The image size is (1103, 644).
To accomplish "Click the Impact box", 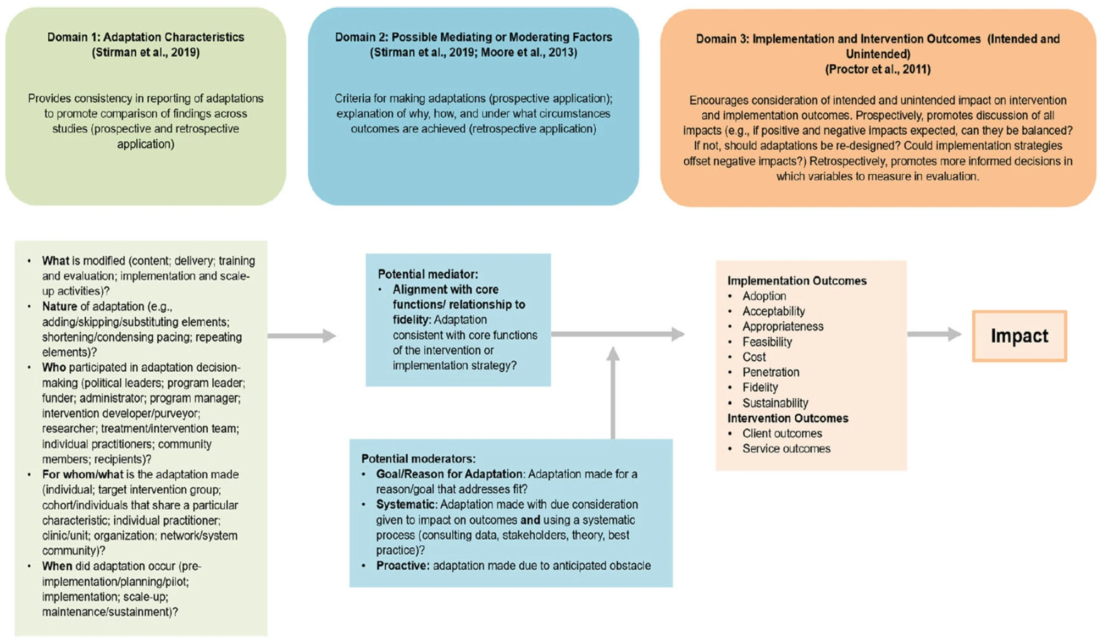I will pos(1019,335).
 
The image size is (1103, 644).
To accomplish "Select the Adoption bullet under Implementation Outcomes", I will pos(764,296).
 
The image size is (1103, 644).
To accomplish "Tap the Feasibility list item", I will pos(767,342).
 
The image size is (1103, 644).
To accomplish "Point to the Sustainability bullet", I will pos(775,403).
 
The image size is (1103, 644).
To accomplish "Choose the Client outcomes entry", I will pos(782,433).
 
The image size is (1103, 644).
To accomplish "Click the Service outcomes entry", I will pos(786,448).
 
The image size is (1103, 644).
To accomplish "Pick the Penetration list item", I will pos(771,372).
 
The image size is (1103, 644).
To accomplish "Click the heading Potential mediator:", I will pos(428,274).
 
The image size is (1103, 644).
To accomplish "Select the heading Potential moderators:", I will pos(418,459).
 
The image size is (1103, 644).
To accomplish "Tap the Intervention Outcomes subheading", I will pos(788,418).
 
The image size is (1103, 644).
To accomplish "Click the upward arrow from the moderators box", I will pos(613,393).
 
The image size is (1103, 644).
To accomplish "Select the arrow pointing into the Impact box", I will pos(934,334).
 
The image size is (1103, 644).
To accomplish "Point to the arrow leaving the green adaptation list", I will pos(302,335).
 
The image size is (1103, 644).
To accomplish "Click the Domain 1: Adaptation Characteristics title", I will pos(146,37).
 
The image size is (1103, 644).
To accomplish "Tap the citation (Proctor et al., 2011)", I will pos(878,69).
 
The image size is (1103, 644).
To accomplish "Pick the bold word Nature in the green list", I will pos(59,306).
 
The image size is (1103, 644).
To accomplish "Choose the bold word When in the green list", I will pos(57,566).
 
